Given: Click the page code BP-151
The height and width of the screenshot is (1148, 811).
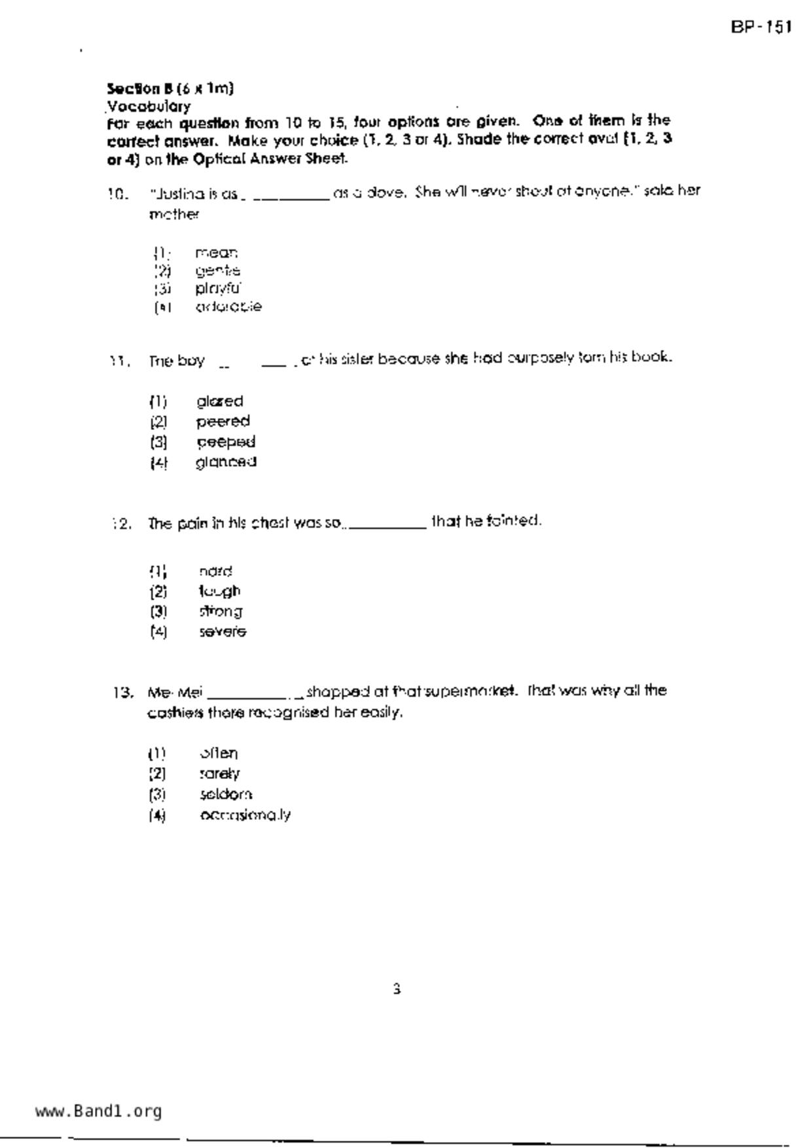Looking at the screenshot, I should tap(761, 27).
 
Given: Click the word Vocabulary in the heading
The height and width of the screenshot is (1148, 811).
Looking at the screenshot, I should tap(149, 106).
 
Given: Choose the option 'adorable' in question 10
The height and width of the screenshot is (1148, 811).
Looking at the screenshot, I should tap(228, 306).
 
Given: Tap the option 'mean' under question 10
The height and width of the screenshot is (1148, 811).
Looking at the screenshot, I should tap(216, 253).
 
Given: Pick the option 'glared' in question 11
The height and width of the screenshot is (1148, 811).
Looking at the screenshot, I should tap(220, 401).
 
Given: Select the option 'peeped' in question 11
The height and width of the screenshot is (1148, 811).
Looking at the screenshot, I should tap(226, 442).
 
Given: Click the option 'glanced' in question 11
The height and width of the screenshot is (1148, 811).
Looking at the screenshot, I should tap(226, 462).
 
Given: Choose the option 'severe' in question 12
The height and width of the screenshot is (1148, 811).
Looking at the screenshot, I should tap(223, 632).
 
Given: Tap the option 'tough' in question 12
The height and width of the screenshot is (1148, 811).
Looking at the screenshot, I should tap(220, 591).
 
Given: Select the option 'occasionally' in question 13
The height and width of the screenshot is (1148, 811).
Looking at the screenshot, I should tap(245, 815).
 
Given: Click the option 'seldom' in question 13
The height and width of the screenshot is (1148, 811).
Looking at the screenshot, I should tap(226, 794).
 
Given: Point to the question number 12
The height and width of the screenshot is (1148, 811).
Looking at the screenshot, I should tap(122, 524).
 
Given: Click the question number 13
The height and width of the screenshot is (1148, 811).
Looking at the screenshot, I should tap(122, 692).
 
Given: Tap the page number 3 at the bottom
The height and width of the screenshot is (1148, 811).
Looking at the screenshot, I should tap(397, 989).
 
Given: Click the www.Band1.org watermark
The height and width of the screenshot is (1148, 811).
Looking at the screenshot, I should tap(98, 1111).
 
